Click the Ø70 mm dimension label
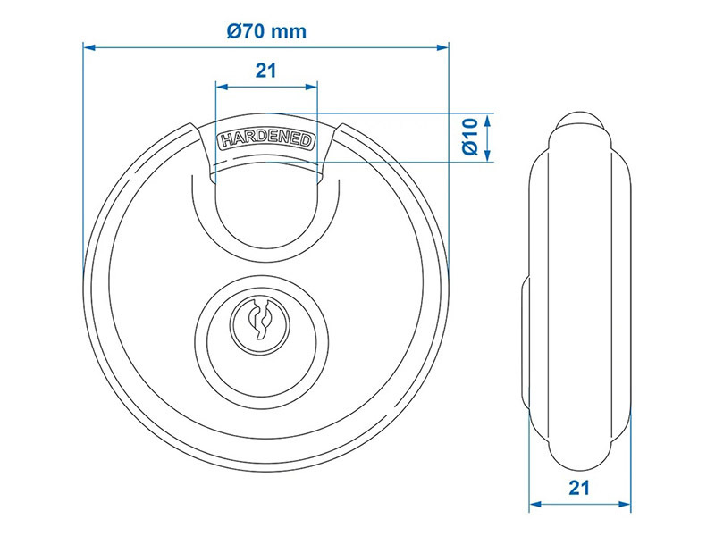266,31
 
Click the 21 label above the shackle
265,71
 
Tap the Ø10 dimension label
470,137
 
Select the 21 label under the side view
579,488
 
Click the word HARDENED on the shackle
266,140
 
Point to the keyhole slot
259,320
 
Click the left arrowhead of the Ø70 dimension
89,47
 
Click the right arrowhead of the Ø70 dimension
442,47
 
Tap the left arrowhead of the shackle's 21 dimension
222,87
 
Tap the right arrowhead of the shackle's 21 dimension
311,87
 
